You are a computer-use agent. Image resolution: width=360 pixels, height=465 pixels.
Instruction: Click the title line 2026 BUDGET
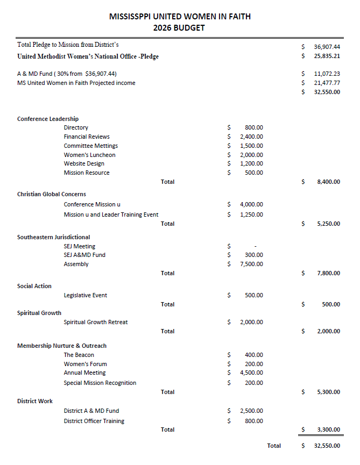pyautogui.click(x=179, y=28)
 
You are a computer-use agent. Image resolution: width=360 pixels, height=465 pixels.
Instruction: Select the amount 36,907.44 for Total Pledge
pyautogui.click(x=327, y=47)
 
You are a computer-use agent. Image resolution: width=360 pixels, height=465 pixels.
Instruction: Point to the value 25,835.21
pyautogui.click(x=327, y=56)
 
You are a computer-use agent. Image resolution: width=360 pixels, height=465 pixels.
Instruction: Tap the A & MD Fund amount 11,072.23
pyautogui.click(x=327, y=74)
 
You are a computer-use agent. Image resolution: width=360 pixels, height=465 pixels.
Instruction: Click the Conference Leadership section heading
pyautogui.click(x=48, y=119)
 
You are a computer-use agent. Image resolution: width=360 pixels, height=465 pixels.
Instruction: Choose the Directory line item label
pyautogui.click(x=76, y=128)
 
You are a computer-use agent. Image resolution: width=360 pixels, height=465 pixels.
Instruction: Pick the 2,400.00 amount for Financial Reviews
pyautogui.click(x=251, y=137)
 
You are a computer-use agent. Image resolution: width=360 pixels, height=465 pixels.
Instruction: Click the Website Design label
pyautogui.click(x=84, y=163)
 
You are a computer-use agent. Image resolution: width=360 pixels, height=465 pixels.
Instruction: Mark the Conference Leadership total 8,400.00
pyautogui.click(x=328, y=182)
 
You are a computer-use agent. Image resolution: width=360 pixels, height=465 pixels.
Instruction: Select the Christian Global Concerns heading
pyautogui.click(x=52, y=194)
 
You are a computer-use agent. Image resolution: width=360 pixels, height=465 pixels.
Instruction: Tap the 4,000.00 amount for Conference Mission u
pyautogui.click(x=251, y=204)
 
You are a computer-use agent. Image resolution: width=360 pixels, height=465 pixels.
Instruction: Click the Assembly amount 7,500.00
pyautogui.click(x=251, y=264)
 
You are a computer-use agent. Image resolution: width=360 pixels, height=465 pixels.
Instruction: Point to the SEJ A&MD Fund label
pyautogui.click(x=84, y=255)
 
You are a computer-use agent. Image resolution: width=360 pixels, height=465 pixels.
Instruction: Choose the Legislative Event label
pyautogui.click(x=86, y=295)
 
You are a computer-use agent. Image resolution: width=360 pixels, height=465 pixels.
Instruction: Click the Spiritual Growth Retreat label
pyautogui.click(x=96, y=322)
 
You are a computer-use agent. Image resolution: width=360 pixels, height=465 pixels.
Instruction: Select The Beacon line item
pyautogui.click(x=79, y=355)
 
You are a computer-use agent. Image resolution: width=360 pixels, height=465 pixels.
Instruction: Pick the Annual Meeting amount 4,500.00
pyautogui.click(x=251, y=373)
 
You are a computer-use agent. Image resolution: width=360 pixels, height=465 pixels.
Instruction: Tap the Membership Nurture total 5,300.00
pyautogui.click(x=328, y=392)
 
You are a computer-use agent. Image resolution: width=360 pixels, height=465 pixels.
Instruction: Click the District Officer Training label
pyautogui.click(x=94, y=421)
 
